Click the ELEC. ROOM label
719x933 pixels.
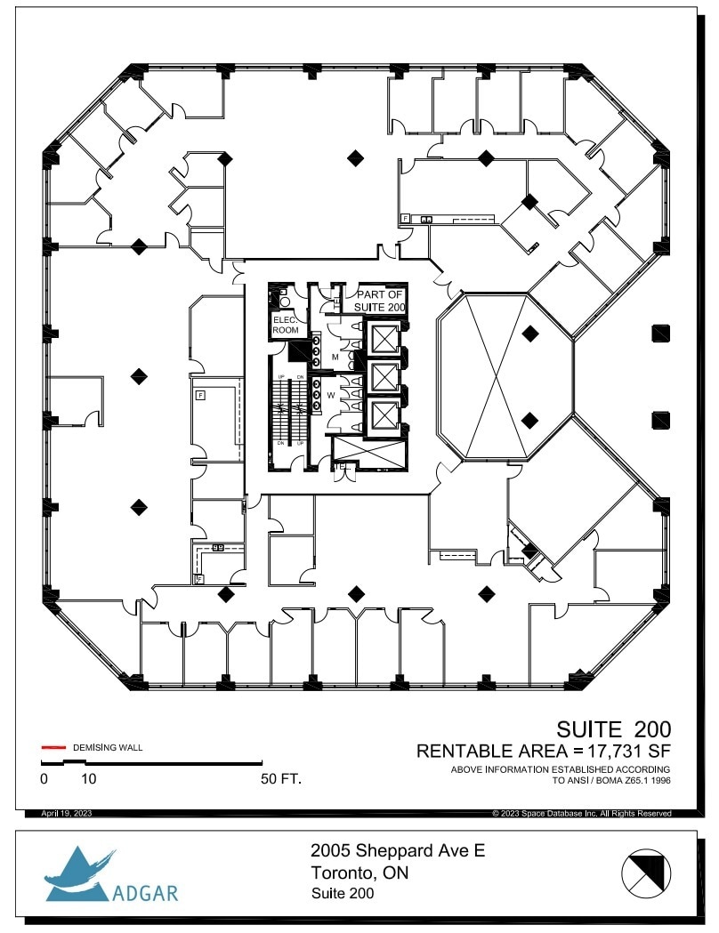[x=286, y=325]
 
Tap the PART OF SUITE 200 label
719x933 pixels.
[x=381, y=301]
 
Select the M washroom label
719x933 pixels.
[x=335, y=358]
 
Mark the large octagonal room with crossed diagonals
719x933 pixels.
[x=505, y=376]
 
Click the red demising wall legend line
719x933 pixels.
[x=53, y=747]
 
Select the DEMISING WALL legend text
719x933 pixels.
[x=107, y=747]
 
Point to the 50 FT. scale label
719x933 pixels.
[x=281, y=779]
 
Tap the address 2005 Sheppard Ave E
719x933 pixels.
[x=398, y=851]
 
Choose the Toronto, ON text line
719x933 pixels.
[x=359, y=873]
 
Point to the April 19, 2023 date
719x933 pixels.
[x=66, y=814]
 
